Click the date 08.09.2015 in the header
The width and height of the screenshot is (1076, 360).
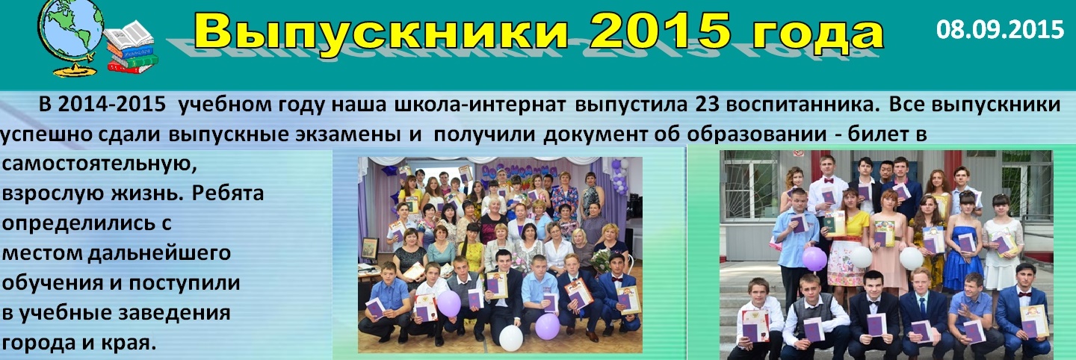pyautogui.click(x=1000, y=29)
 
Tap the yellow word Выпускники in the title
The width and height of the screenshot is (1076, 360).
pyautogui.click(x=381, y=31)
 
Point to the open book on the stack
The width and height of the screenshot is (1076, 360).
pyautogui.click(x=129, y=34)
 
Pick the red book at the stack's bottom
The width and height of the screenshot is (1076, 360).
pyautogui.click(x=132, y=66)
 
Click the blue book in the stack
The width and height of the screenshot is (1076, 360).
pyautogui.click(x=130, y=50)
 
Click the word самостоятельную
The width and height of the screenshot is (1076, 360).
pyautogui.click(x=99, y=164)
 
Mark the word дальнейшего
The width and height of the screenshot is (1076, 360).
pyautogui.click(x=159, y=253)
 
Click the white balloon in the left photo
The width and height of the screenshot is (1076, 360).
pyautogui.click(x=510, y=338)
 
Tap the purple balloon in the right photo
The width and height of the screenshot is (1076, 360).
pyautogui.click(x=814, y=258)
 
